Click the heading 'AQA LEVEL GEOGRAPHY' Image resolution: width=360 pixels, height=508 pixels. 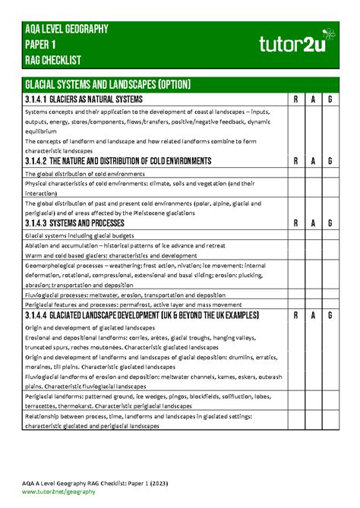66,30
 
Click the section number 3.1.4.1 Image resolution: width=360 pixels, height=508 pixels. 39,99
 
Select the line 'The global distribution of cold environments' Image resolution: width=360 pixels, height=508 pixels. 84,174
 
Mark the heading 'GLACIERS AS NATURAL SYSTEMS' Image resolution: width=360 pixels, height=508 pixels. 98,99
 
